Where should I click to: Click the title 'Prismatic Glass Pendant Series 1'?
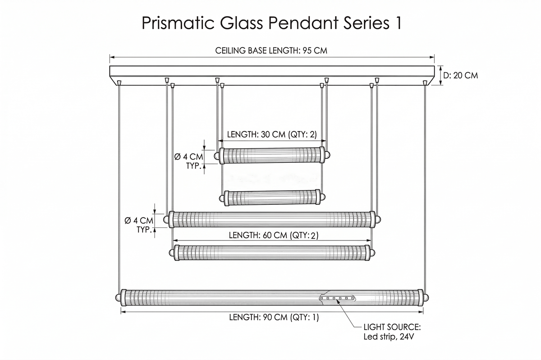(272, 23)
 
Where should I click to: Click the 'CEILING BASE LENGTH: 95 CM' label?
(271, 51)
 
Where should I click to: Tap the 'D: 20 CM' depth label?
(461, 76)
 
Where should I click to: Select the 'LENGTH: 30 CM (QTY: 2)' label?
(272, 134)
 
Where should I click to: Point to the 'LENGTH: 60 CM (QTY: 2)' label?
(274, 235)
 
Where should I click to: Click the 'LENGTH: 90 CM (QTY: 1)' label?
(274, 317)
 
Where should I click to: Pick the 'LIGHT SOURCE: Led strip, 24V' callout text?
(392, 332)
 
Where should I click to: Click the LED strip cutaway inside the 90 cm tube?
(337, 298)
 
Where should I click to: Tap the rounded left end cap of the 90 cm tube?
(118, 298)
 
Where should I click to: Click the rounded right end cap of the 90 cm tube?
(426, 298)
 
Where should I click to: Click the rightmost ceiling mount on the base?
(425, 83)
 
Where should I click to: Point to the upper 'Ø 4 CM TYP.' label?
(188, 161)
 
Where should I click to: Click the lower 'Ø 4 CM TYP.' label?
(139, 225)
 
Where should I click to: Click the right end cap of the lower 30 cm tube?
(323, 198)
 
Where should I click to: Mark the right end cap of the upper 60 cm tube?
(378, 220)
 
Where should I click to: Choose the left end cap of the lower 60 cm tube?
(171, 253)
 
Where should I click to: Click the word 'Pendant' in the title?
(303, 23)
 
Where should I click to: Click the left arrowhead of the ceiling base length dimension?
(112, 57)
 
